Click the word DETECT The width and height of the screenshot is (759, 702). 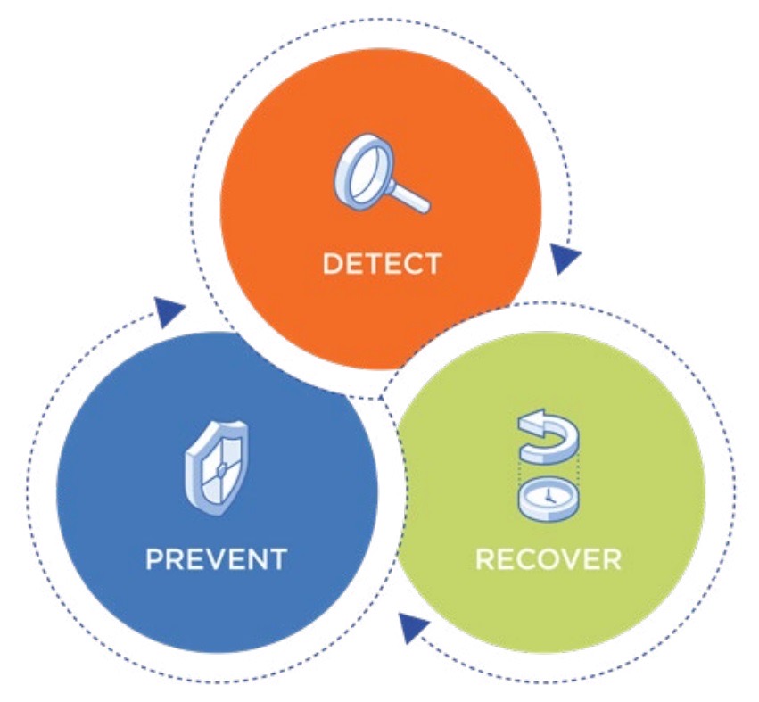[x=382, y=264]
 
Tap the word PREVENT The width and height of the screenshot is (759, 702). [x=217, y=559]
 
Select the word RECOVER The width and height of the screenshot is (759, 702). [x=549, y=559]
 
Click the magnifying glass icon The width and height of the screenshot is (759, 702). [x=381, y=174]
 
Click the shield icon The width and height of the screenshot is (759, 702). [x=217, y=468]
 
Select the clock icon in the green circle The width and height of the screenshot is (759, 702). [x=548, y=499]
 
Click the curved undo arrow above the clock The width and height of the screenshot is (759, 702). [x=548, y=434]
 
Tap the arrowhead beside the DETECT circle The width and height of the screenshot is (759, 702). [x=564, y=258]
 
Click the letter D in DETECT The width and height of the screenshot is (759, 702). [x=333, y=264]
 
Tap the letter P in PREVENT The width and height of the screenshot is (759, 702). [x=155, y=559]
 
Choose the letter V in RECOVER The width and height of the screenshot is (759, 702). [x=565, y=559]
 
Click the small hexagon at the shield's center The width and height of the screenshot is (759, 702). [x=221, y=468]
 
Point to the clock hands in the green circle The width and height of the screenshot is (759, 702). [x=549, y=496]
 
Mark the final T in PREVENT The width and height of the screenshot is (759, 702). [x=278, y=559]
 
